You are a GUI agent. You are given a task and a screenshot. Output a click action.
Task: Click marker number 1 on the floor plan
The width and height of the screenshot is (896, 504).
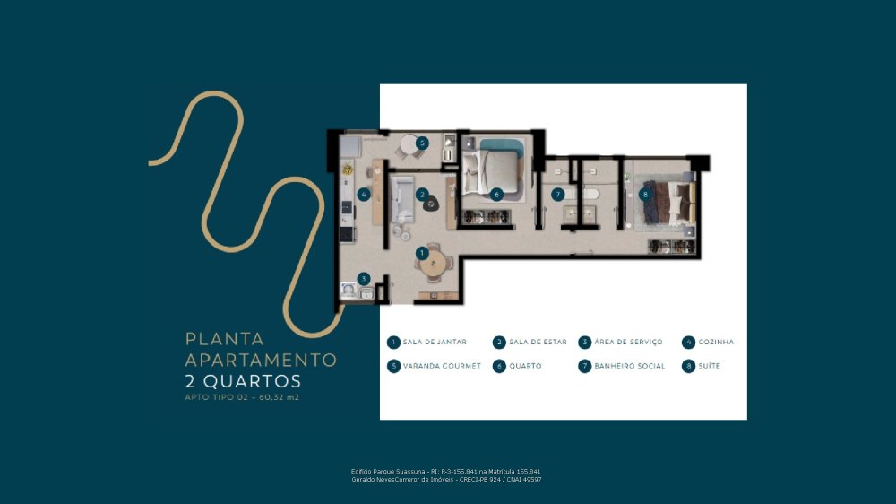(x=422, y=253)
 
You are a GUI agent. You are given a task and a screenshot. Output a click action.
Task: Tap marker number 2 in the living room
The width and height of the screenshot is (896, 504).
(x=422, y=195)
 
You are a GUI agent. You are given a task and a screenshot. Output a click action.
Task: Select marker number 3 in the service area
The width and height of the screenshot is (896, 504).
(x=364, y=279)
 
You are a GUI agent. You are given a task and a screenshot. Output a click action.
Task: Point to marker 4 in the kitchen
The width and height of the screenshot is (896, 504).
(x=364, y=195)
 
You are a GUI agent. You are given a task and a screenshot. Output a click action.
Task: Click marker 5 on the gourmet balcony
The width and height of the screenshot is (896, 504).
(x=422, y=143)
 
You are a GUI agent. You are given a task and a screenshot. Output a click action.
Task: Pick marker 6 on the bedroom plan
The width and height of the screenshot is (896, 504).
(x=496, y=195)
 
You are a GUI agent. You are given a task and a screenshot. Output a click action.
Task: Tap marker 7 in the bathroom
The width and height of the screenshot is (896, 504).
(x=557, y=195)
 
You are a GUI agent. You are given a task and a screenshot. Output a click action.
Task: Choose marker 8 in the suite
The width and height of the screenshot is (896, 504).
(x=645, y=195)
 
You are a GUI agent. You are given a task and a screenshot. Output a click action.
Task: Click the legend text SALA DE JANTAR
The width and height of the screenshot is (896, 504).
(x=435, y=342)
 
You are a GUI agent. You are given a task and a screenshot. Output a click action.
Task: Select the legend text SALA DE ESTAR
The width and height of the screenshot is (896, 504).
(x=538, y=342)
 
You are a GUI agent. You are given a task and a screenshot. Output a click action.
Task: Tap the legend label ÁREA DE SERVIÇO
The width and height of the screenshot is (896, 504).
(x=629, y=342)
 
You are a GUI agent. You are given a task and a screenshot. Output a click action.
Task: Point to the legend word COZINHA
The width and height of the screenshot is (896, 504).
(x=716, y=342)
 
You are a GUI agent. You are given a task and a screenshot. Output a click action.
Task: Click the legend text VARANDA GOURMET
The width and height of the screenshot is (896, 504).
(x=442, y=366)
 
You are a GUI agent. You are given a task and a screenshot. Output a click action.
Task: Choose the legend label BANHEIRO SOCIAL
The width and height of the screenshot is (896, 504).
(x=630, y=366)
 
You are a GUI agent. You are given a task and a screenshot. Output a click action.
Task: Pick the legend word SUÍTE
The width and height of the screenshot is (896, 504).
(x=709, y=366)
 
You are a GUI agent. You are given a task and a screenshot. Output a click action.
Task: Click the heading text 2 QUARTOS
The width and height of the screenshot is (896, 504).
(x=243, y=381)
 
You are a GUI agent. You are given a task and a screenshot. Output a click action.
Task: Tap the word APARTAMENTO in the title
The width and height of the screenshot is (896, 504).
(x=261, y=360)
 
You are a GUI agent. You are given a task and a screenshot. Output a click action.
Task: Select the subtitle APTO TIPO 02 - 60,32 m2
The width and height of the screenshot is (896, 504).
(x=242, y=397)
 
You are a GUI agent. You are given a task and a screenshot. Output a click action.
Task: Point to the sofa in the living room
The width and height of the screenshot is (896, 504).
(x=402, y=199)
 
